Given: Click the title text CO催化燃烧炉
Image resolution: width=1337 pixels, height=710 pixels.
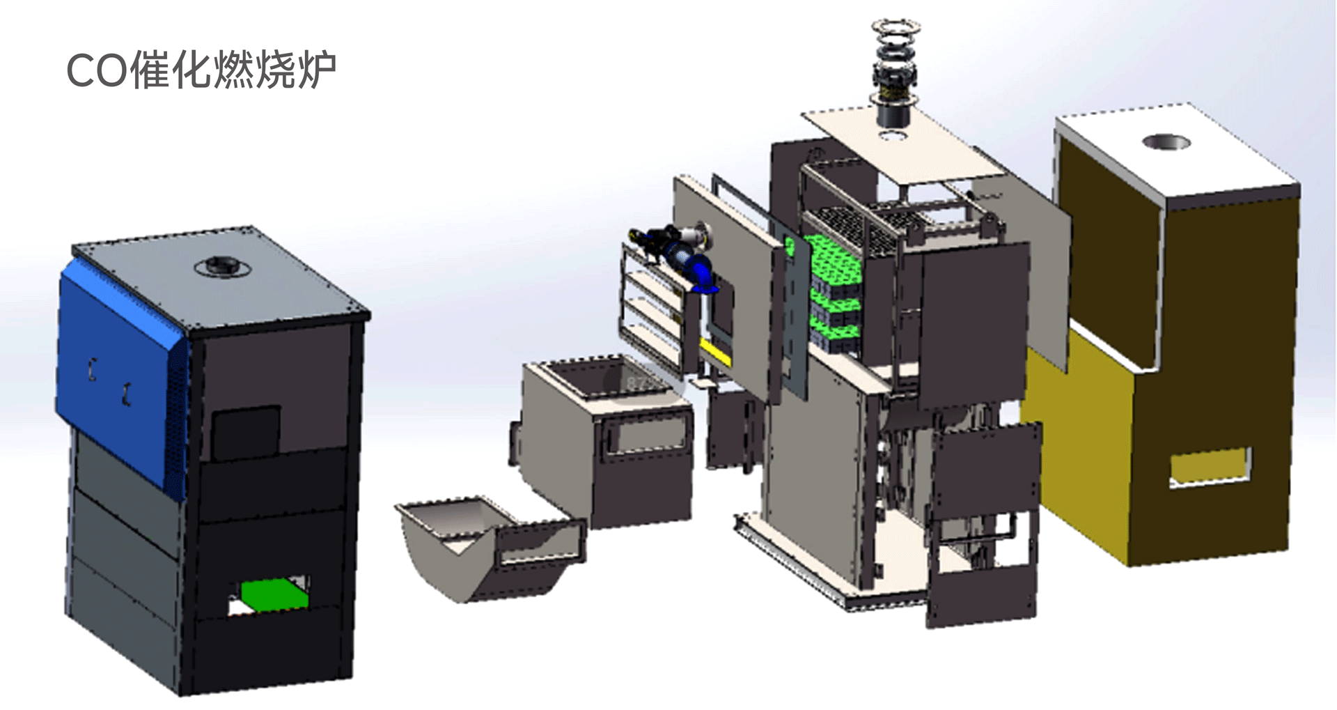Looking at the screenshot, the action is pos(201,70).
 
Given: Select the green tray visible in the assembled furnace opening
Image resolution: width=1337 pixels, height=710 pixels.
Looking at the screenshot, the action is pos(272,594).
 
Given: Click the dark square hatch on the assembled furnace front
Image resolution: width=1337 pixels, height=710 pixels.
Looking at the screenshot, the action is pos(246,433).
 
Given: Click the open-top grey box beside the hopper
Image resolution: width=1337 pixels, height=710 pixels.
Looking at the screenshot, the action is pos(607,442).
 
